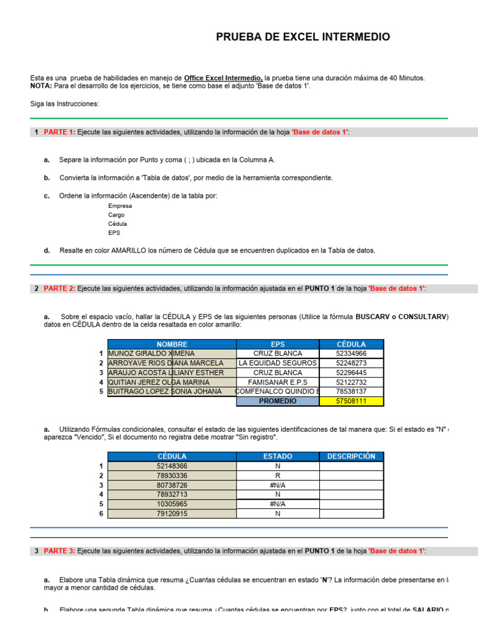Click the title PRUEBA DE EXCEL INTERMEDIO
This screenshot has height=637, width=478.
click(x=303, y=37)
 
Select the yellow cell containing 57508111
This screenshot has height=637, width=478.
click(x=351, y=401)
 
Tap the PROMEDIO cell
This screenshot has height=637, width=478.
click(x=278, y=401)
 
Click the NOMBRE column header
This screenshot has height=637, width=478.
click(x=172, y=344)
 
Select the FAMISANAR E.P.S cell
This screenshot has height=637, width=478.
click(x=278, y=382)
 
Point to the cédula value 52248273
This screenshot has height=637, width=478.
click(x=351, y=363)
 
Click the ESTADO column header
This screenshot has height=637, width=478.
click(x=278, y=456)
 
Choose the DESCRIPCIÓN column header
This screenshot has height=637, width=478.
click(x=351, y=456)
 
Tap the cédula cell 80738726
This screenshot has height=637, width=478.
click(x=172, y=485)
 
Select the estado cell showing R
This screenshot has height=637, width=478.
click(x=278, y=475)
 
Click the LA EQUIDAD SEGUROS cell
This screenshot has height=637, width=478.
click(x=278, y=363)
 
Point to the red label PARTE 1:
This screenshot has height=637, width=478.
click(x=59, y=132)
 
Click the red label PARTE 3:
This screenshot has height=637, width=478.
click(x=59, y=551)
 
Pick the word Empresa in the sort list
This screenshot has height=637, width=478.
click(x=119, y=206)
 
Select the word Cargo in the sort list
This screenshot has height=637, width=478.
click(x=116, y=215)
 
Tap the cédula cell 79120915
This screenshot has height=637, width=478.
click(x=172, y=514)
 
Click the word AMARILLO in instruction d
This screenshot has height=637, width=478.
click(x=128, y=251)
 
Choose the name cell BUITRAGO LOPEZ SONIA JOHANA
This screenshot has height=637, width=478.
click(x=165, y=391)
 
